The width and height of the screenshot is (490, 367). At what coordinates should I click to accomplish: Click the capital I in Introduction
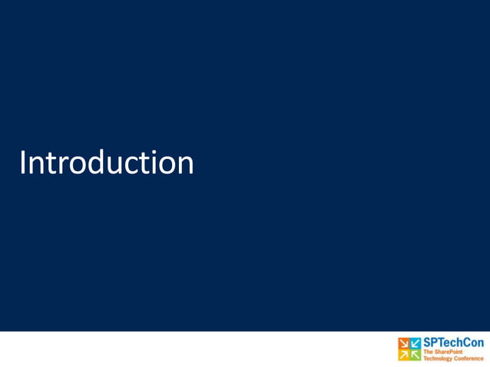click(x=24, y=163)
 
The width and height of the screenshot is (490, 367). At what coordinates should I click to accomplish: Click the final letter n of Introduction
click(x=185, y=166)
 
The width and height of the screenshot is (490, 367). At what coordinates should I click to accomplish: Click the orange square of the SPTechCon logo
click(x=404, y=342)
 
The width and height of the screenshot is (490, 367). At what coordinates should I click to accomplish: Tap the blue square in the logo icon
click(x=416, y=342)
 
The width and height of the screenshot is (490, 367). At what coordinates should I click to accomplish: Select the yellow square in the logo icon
click(x=404, y=354)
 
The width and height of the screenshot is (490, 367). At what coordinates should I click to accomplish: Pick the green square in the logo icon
click(x=416, y=354)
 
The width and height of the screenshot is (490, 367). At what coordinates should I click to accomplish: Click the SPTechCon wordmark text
click(x=453, y=342)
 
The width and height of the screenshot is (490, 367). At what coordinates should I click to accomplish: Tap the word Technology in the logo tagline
click(x=436, y=358)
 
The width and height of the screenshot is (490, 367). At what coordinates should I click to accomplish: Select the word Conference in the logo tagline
click(x=468, y=358)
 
